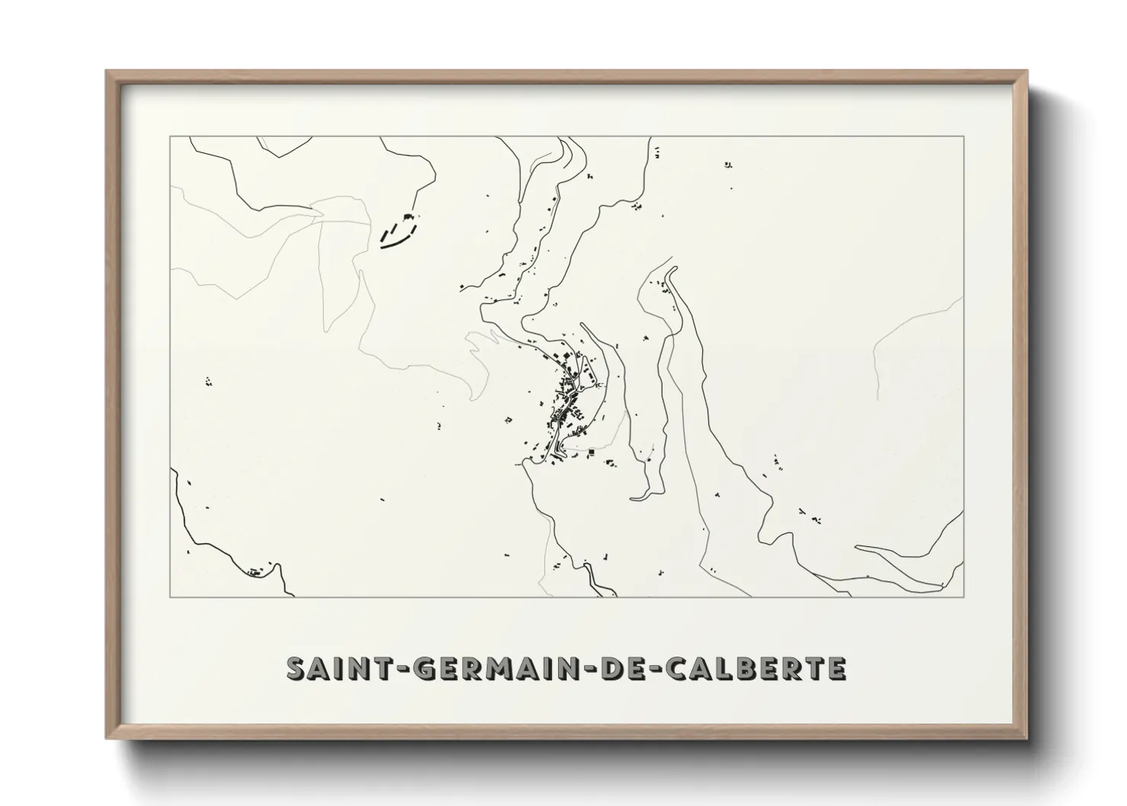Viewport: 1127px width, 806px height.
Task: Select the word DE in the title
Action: [621, 668]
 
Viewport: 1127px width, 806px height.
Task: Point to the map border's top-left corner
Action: [170, 136]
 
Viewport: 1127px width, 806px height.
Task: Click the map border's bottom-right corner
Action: [964, 597]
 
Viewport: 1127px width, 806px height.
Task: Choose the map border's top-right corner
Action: [964, 136]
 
